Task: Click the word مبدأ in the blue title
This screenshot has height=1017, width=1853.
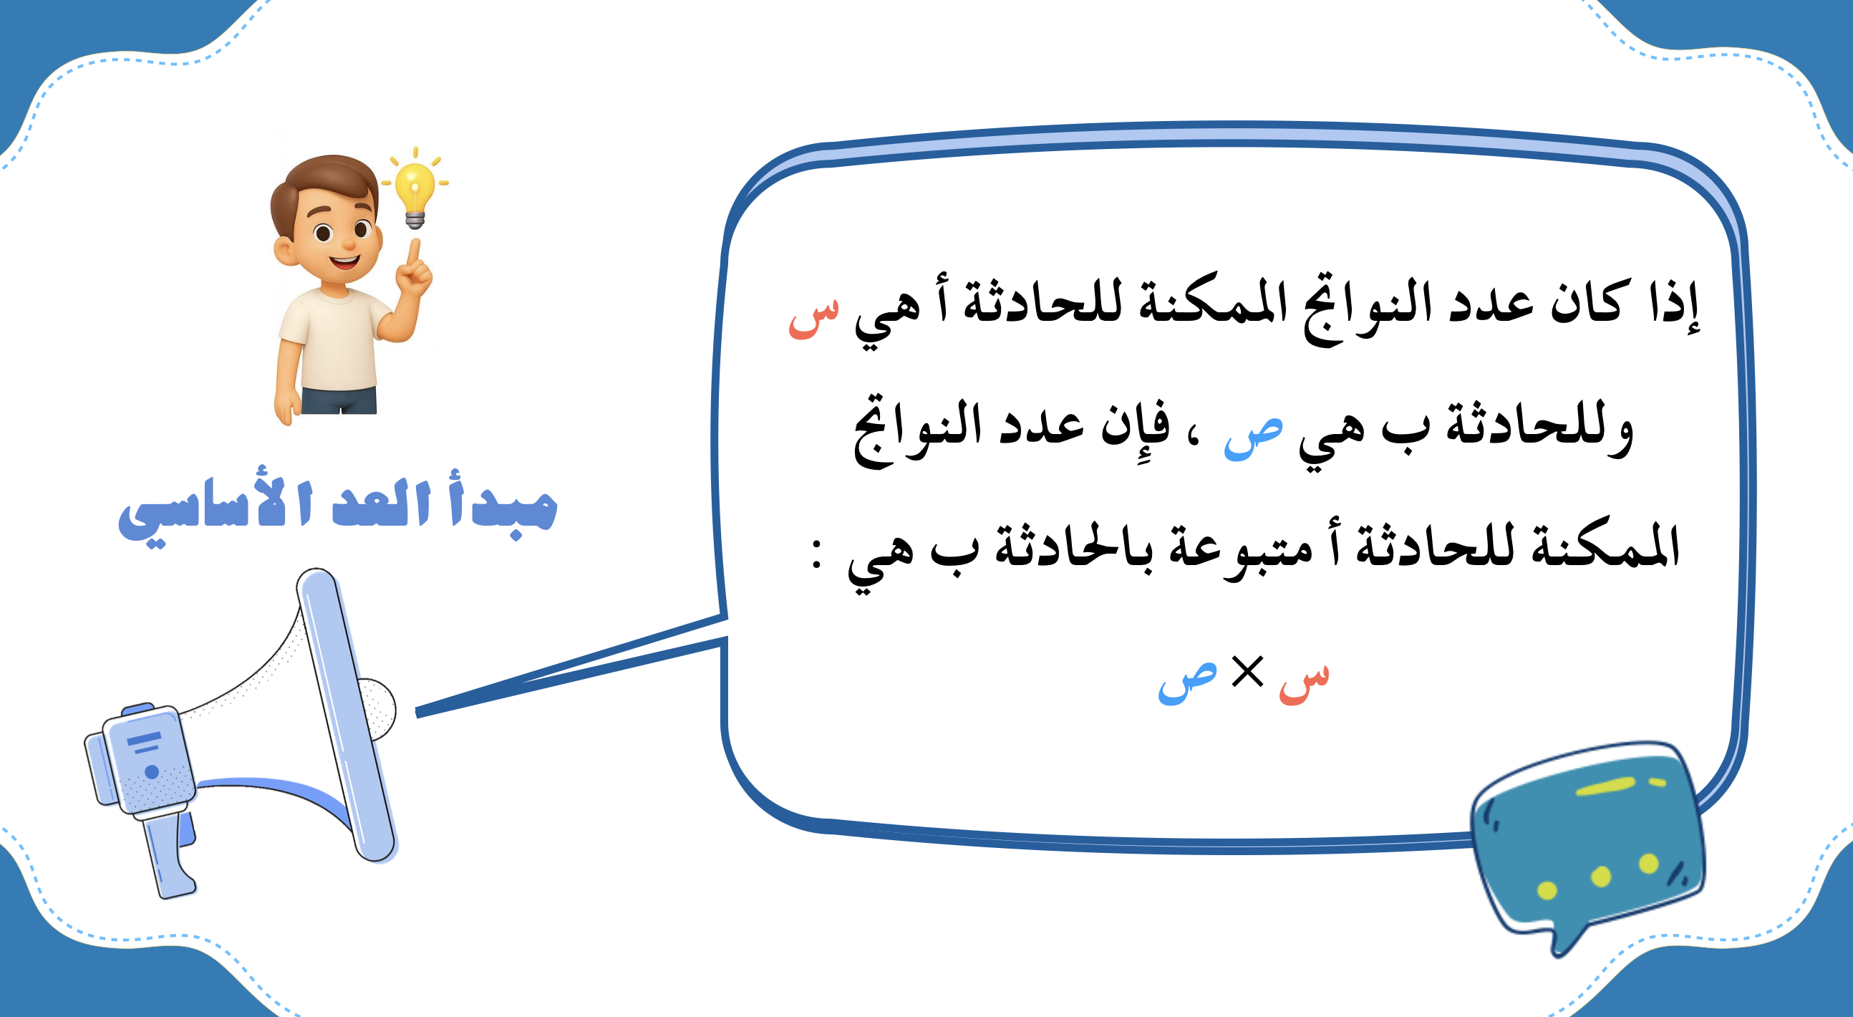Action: tap(504, 503)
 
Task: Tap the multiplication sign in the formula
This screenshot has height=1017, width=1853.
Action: tap(1247, 673)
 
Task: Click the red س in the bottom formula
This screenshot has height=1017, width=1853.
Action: tap(1304, 683)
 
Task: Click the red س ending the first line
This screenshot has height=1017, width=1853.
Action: tap(813, 317)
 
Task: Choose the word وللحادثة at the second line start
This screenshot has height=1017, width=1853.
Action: tap(1539, 428)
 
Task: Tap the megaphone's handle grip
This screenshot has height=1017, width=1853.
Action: tap(168, 856)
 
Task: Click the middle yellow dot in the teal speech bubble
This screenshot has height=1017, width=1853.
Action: tap(1600, 876)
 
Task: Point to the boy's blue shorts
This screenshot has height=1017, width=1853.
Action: tap(339, 400)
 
